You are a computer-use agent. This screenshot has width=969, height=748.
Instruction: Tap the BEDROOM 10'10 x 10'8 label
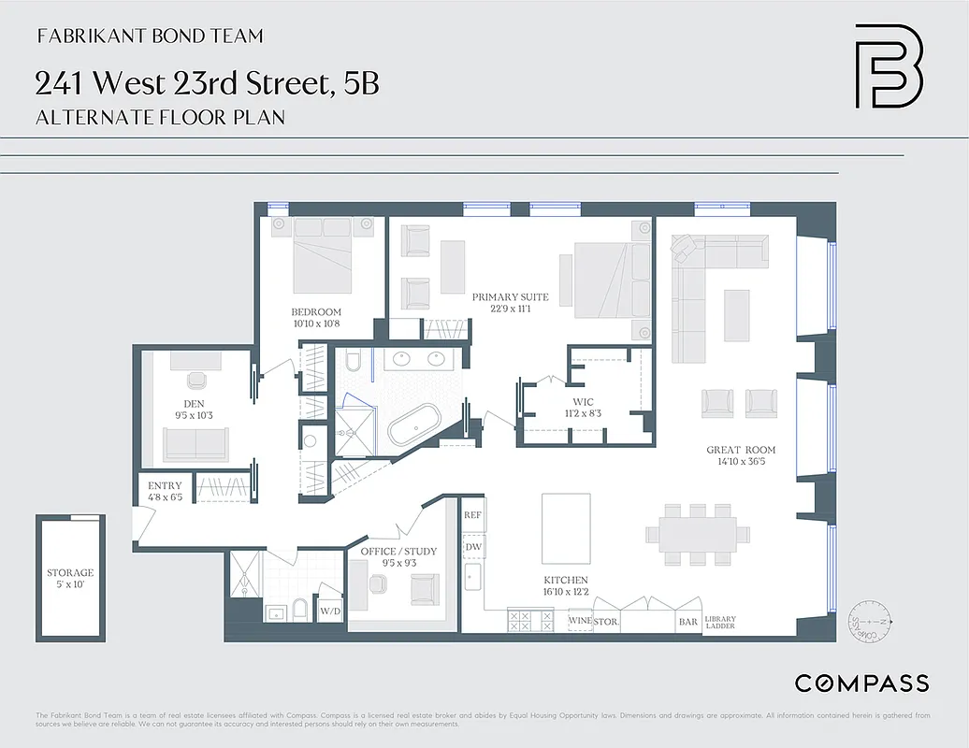pyautogui.click(x=316, y=317)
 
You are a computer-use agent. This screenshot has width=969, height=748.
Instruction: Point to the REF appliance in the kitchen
pyautogui.click(x=473, y=515)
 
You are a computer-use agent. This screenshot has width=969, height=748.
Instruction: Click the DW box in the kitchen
pyautogui.click(x=473, y=546)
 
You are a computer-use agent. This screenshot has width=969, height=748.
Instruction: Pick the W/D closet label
pyautogui.click(x=330, y=611)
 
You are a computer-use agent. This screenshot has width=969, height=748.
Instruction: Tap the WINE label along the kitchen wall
pyautogui.click(x=579, y=621)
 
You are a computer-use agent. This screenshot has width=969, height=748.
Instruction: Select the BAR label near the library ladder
pyautogui.click(x=687, y=621)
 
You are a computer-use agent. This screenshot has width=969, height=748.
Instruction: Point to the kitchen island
pyautogui.click(x=566, y=528)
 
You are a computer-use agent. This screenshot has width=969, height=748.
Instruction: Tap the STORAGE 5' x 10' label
pyautogui.click(x=70, y=578)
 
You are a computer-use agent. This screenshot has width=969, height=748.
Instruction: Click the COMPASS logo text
pyautogui.click(x=861, y=683)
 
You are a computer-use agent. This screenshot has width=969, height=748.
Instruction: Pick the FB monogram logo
pyautogui.click(x=888, y=66)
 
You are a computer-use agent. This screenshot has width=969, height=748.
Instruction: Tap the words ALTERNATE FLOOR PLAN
pyautogui.click(x=160, y=118)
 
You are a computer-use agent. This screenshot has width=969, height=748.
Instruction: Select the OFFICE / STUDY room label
pyautogui.click(x=398, y=557)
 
